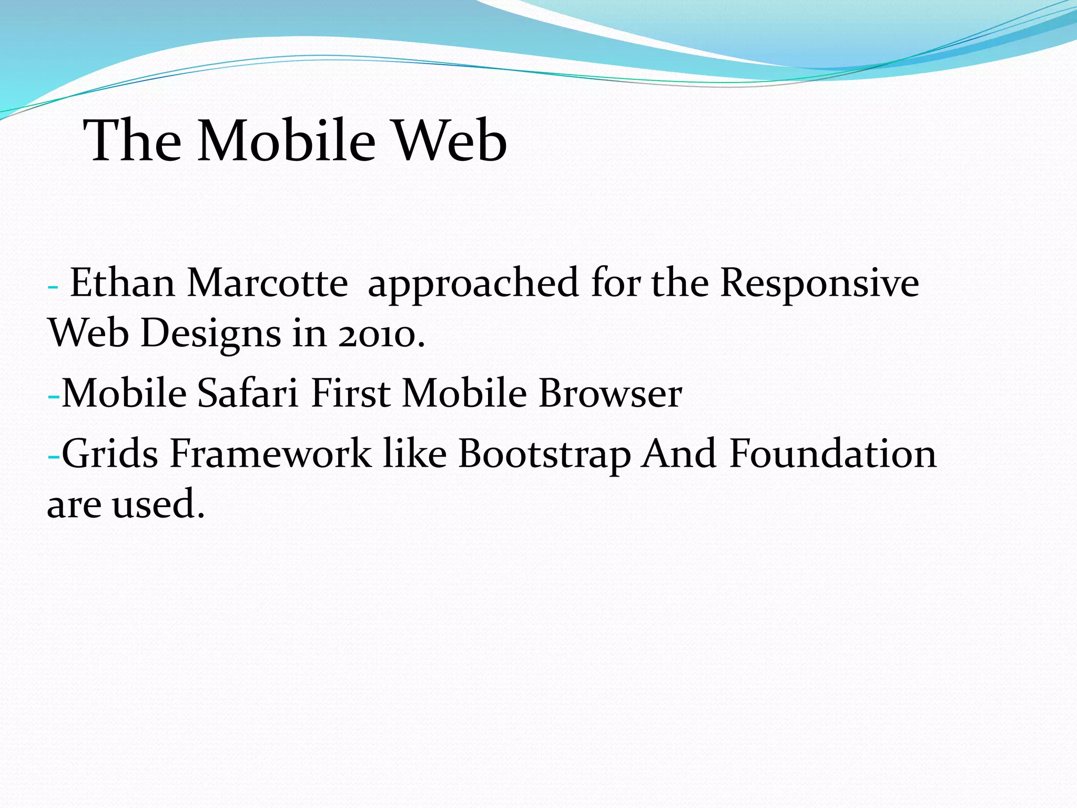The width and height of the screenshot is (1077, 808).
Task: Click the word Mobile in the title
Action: (x=287, y=140)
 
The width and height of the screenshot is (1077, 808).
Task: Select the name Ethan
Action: (x=123, y=283)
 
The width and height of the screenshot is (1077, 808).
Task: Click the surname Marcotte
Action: (x=267, y=283)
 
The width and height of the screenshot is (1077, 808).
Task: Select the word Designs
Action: (x=211, y=335)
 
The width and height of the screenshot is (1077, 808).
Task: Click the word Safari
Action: (x=248, y=393)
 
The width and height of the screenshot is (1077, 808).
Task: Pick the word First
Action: (x=350, y=393)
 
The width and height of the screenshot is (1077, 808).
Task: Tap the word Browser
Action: (x=610, y=393)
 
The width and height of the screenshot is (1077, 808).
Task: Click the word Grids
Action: (x=109, y=453)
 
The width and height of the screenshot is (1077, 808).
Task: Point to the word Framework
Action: (x=270, y=453)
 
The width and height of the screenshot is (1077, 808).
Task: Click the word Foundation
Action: (x=832, y=453)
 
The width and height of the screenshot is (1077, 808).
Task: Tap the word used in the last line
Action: (x=157, y=504)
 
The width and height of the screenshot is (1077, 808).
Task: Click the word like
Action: (x=415, y=453)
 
